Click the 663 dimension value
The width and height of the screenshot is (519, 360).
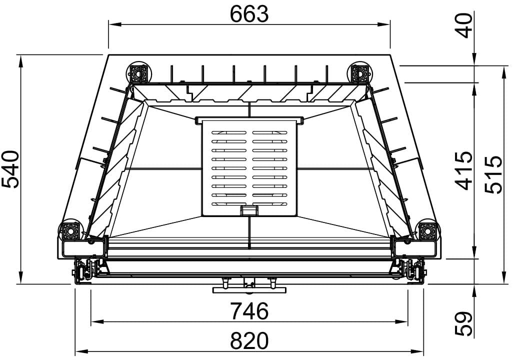pos(249,14)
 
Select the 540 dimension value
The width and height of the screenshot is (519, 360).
pos(10,169)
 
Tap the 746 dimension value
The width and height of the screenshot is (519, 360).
pos(249,311)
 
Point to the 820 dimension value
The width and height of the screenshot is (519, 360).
pos(249,341)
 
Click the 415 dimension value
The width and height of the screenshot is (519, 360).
pos(463,171)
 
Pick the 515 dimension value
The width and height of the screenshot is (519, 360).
pos(493,174)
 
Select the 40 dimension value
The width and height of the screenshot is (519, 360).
pos(464,26)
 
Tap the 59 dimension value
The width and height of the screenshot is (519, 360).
pos(463,323)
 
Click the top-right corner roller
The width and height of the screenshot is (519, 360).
pos(359,72)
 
